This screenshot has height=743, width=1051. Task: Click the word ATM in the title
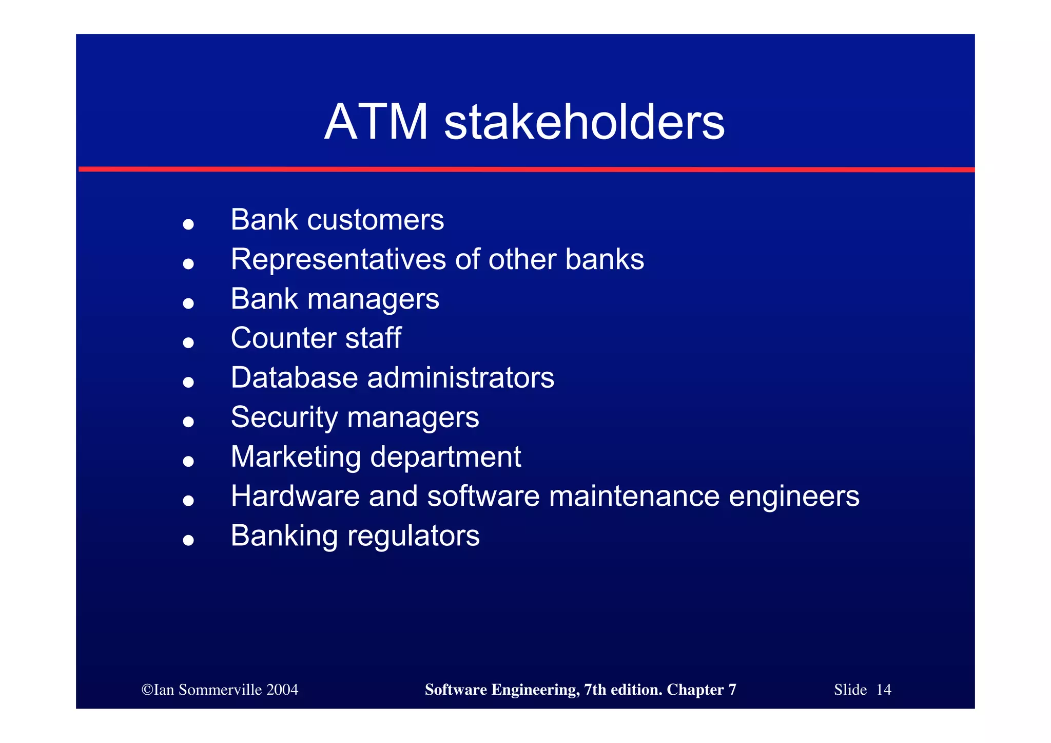point(376,122)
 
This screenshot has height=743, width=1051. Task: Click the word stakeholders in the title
point(584,122)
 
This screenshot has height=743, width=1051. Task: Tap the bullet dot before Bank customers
point(188,224)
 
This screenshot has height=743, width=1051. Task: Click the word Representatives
point(338,259)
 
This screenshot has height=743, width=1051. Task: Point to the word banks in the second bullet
point(604,259)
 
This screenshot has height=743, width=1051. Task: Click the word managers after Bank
point(373,300)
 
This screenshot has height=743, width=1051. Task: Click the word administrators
point(460,378)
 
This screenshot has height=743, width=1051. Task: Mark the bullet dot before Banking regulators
point(188,540)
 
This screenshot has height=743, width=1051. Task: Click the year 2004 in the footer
point(282,690)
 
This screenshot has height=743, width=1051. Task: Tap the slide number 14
point(883,690)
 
